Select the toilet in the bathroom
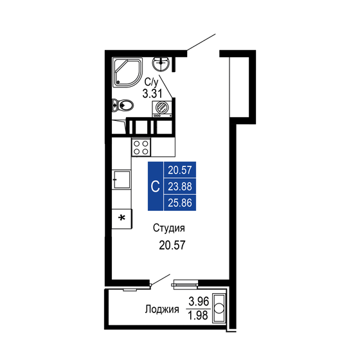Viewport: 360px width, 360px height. pyautogui.click(x=123, y=105)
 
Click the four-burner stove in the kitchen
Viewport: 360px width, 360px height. pyautogui.click(x=141, y=147)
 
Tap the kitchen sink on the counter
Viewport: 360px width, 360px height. pyautogui.click(x=121, y=179)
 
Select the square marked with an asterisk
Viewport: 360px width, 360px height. pyautogui.click(x=121, y=219)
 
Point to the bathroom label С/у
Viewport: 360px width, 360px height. pyautogui.click(x=152, y=82)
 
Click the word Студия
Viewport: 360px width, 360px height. pyautogui.click(x=169, y=228)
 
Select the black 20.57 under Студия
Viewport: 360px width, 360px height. pyautogui.click(x=170, y=245)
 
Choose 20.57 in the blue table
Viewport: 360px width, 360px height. pyautogui.click(x=181, y=170)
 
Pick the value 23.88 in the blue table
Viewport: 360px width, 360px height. pyautogui.click(x=181, y=187)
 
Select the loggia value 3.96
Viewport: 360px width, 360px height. pyautogui.click(x=197, y=301)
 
